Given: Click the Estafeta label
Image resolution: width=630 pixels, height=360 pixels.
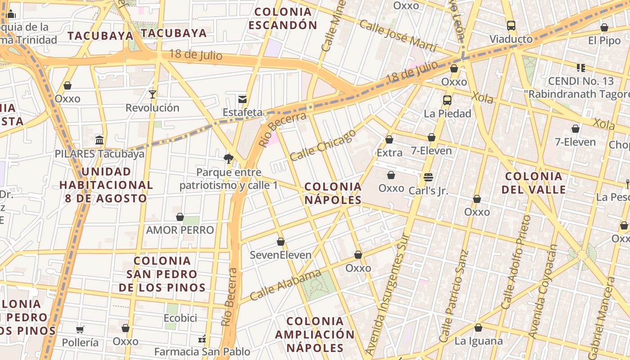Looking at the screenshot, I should [x=243, y=112].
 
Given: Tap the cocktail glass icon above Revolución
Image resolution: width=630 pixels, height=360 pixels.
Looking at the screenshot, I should [x=153, y=94].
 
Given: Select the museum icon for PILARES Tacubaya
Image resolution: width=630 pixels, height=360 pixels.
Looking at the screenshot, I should [x=99, y=139].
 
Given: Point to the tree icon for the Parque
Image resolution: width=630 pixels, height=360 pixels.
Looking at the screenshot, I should [x=229, y=158].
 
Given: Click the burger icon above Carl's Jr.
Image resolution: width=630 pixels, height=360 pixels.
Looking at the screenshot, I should [x=428, y=177].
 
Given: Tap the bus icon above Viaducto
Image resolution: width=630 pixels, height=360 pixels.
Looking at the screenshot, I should [x=511, y=25].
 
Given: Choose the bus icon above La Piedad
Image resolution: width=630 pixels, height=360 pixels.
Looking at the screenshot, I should [x=447, y=100].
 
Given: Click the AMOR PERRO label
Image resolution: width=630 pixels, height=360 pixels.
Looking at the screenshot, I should [x=180, y=230].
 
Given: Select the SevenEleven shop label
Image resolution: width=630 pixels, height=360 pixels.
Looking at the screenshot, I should [x=280, y=255].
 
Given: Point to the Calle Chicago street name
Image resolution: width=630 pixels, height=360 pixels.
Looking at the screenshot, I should [x=323, y=145].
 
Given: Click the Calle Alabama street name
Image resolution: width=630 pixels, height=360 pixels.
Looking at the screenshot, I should [x=285, y=285].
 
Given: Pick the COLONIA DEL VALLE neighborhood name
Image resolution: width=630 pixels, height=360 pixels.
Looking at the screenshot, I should [x=534, y=183].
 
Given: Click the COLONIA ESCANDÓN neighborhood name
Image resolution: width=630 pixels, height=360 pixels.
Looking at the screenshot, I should [x=283, y=18].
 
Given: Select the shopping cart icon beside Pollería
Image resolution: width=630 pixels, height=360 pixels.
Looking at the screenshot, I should [x=80, y=329].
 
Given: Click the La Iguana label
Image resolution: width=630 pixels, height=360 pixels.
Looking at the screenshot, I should [x=478, y=341].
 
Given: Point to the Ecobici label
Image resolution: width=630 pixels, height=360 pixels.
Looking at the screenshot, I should [x=180, y=318].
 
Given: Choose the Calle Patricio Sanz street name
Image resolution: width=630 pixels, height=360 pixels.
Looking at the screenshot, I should [x=455, y=296].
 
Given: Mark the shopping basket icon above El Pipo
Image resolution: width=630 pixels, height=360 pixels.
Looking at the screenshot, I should [x=604, y=27].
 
